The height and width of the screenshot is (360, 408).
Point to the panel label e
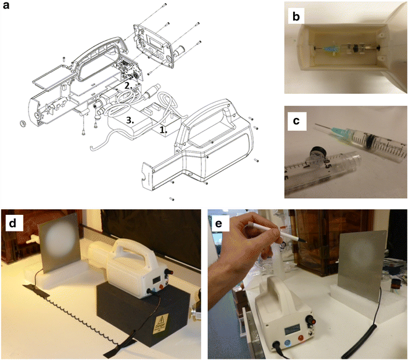(x=220, y=221)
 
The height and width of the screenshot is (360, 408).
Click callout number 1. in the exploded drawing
(x=163, y=130)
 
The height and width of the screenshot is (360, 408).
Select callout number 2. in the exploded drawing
(x=125, y=85)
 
